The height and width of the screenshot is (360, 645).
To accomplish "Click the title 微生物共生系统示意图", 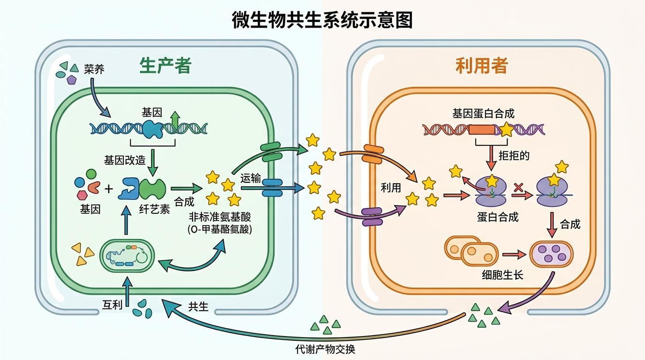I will tap(322, 21).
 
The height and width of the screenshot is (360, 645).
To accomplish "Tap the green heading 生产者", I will tap(165, 66).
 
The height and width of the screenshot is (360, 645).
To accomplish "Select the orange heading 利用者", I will tap(481, 66).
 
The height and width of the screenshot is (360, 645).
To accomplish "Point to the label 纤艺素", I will tap(155, 210).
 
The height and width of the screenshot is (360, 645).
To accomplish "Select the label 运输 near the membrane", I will tap(250, 178).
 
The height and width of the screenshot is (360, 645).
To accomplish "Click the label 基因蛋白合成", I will tap(483, 113).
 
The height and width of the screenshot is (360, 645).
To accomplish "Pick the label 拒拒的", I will tap(514, 155).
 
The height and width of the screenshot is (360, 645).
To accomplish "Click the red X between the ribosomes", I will tap(518, 187).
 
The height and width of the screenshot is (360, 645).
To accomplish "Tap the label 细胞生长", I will tap(502, 275).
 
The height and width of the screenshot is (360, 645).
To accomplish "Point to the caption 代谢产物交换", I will tap(329, 349).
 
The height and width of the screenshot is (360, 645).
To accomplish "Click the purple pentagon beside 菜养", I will tap(71, 80).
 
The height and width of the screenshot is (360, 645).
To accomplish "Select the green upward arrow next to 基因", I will tap(174, 120).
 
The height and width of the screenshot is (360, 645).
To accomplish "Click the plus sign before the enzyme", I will tap(109, 189).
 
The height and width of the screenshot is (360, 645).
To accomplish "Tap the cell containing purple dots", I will tap(551, 254).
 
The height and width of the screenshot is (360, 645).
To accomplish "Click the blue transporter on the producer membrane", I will tap(272, 187).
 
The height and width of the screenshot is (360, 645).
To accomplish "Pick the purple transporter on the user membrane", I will tap(372, 217).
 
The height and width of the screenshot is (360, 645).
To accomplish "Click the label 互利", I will tap(112, 305).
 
